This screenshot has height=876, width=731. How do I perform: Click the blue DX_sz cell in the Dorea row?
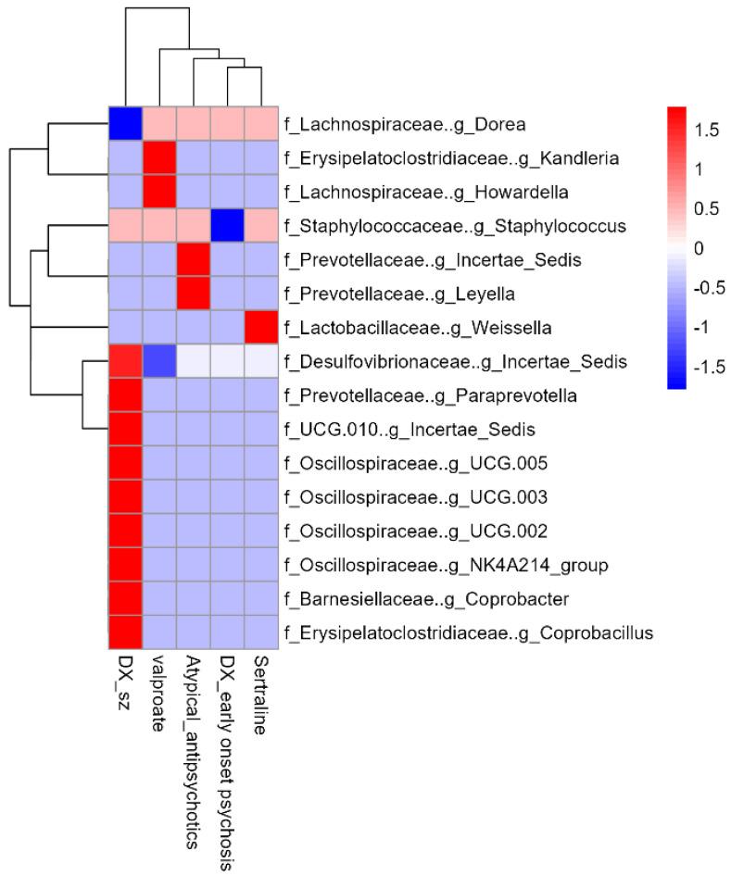pyautogui.click(x=125, y=122)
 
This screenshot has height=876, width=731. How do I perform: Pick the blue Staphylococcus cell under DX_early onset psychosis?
pyautogui.click(x=228, y=225)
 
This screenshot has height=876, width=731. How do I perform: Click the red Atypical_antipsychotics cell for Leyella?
pyautogui.click(x=194, y=294)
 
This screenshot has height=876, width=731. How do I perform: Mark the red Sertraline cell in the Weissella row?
pyautogui.click(x=262, y=328)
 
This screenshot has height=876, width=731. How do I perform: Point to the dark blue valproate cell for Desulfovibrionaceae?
pyautogui.click(x=159, y=362)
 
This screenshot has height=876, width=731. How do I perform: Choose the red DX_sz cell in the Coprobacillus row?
pyautogui.click(x=125, y=633)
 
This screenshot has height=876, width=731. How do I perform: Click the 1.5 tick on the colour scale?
pyautogui.click(x=708, y=131)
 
